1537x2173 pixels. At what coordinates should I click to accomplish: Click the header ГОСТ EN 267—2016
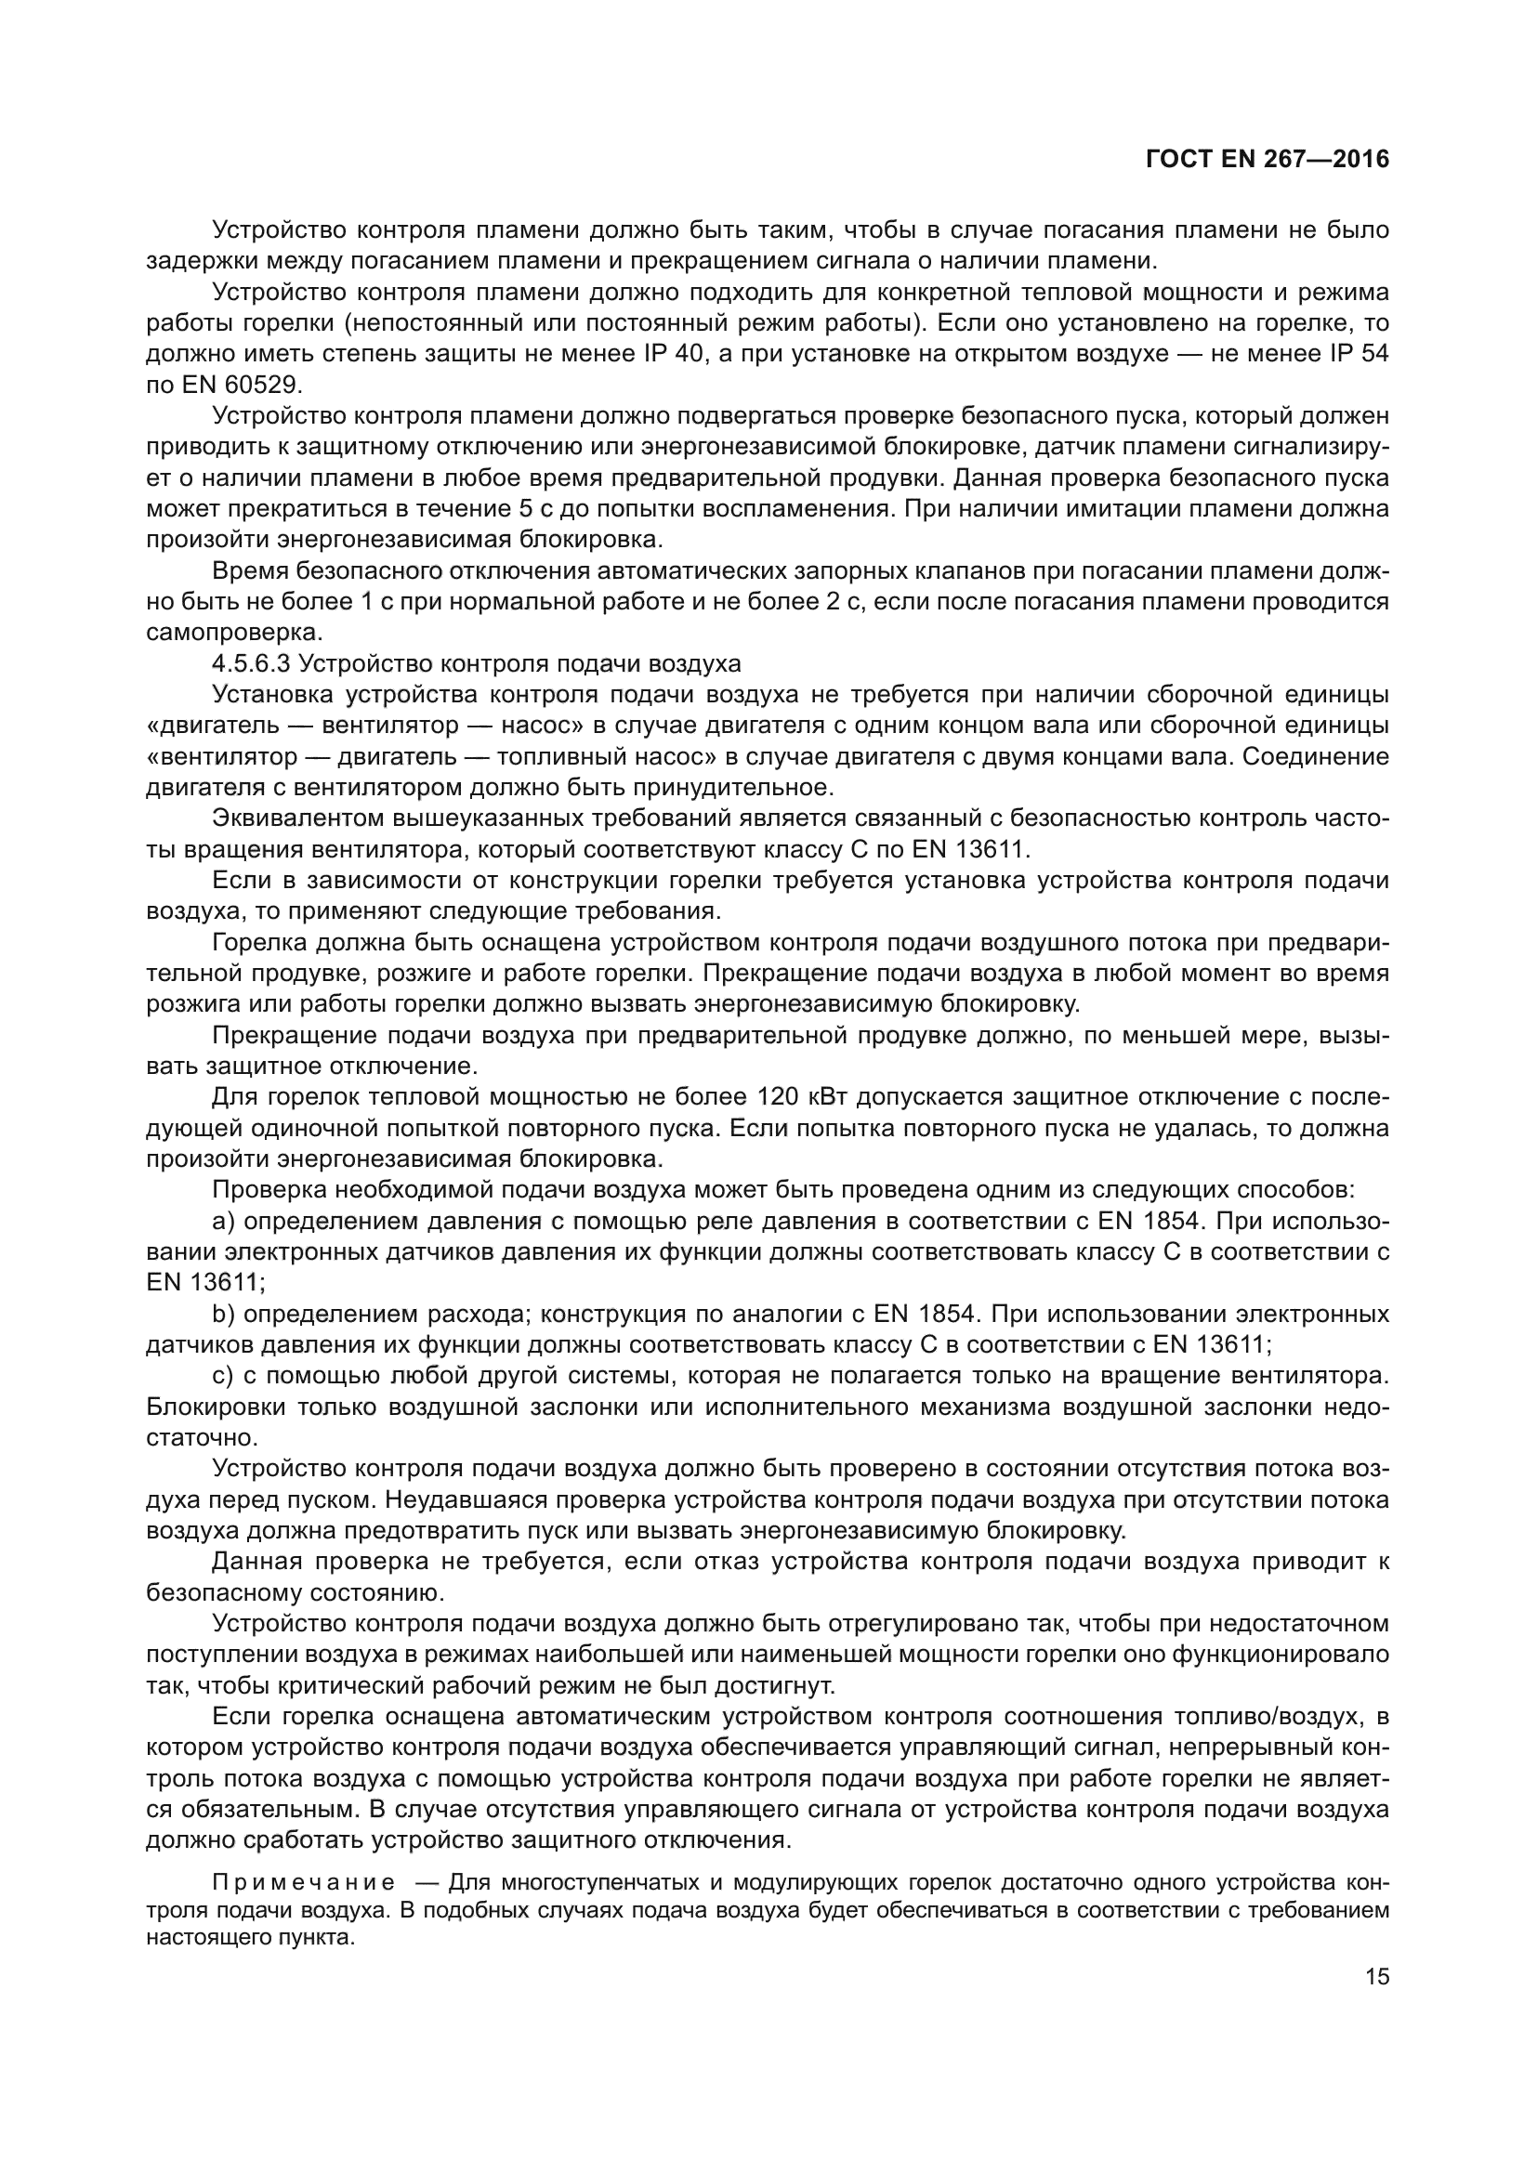click(1268, 159)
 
